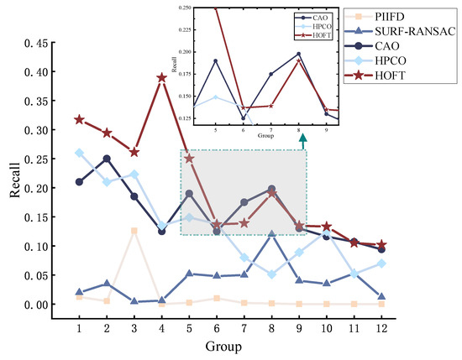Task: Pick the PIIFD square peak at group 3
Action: (x=134, y=231)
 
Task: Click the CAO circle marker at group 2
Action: (x=107, y=159)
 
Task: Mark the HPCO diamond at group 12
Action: (x=382, y=263)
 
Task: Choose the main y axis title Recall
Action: (x=15, y=186)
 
